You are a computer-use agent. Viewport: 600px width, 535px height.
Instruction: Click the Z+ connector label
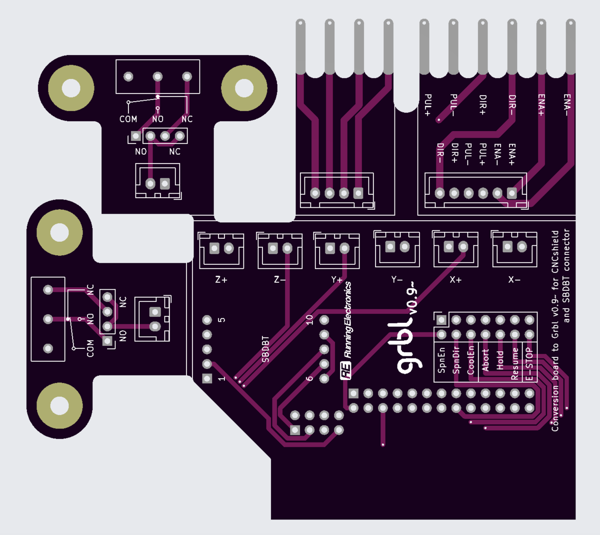[221, 279]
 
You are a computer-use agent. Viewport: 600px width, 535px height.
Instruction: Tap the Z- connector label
[280, 279]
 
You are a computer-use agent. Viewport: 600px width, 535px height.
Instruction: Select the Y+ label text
[336, 279]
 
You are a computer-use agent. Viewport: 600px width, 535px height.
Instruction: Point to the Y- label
[397, 279]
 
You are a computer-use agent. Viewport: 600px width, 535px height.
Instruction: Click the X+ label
[455, 279]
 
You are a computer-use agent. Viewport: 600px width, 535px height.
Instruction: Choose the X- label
[514, 279]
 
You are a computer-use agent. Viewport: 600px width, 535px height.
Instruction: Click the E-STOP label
[529, 364]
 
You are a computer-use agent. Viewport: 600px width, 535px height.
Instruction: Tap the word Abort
[485, 360]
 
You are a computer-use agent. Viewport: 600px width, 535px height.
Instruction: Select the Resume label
[514, 364]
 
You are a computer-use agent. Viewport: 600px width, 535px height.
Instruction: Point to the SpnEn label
[441, 360]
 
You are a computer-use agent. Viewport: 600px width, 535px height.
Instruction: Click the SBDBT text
[265, 349]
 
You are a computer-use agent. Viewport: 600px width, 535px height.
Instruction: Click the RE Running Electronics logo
[346, 331]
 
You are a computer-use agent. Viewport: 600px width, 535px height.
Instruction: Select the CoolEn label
[470, 360]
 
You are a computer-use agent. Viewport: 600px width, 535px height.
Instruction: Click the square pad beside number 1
[207, 378]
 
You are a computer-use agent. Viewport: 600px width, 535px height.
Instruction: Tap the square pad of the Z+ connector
[214, 248]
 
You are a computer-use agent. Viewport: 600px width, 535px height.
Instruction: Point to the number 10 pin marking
[309, 320]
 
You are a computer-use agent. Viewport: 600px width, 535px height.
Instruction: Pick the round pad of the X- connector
[522, 247]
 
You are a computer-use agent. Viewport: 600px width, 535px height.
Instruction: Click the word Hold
[500, 360]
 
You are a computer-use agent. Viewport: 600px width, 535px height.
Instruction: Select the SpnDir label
[456, 360]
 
